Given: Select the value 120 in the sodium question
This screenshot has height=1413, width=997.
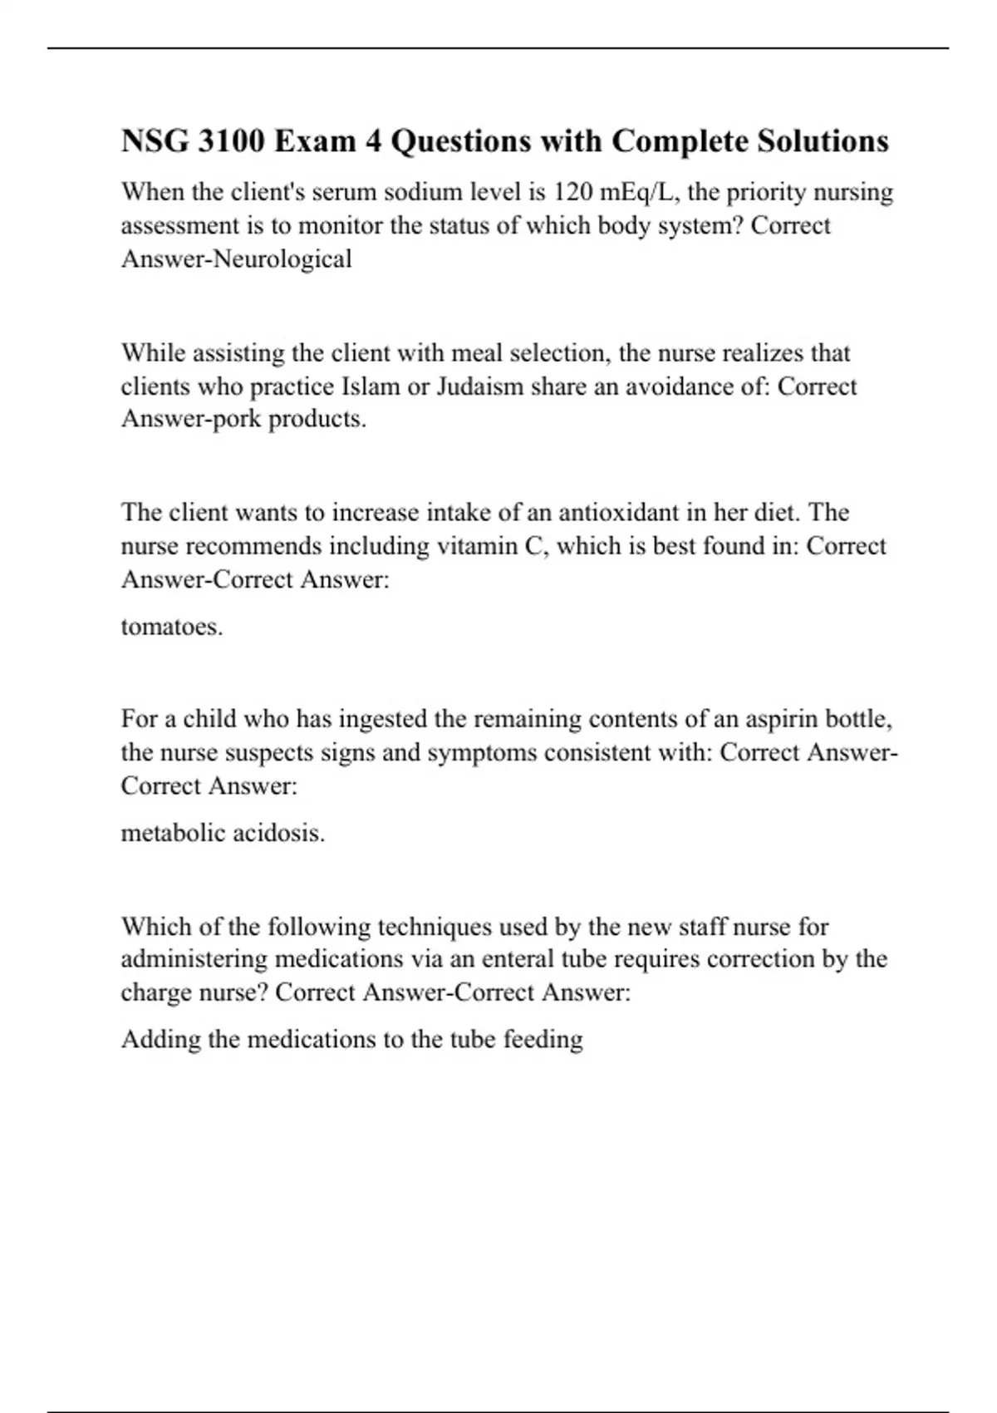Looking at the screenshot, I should click(572, 192).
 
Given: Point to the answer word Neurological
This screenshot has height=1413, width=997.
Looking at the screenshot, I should click(283, 259).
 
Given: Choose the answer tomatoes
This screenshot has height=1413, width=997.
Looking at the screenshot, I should click(172, 626).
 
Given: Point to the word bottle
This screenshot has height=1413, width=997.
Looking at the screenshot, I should click(860, 718).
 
